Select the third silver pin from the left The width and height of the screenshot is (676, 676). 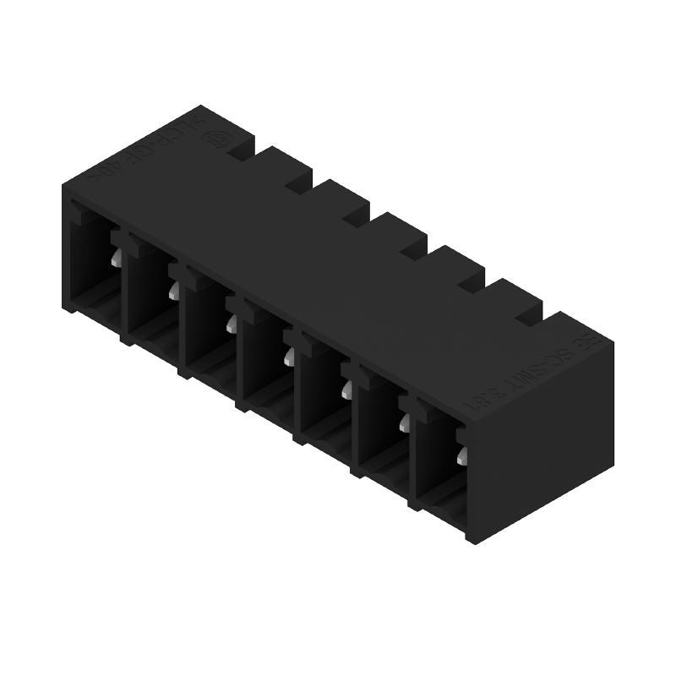pos(230,322)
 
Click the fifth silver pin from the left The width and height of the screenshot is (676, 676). pos(346,389)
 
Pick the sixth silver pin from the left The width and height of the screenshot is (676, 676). pos(404,422)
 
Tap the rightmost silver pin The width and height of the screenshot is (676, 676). pos(461,457)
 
